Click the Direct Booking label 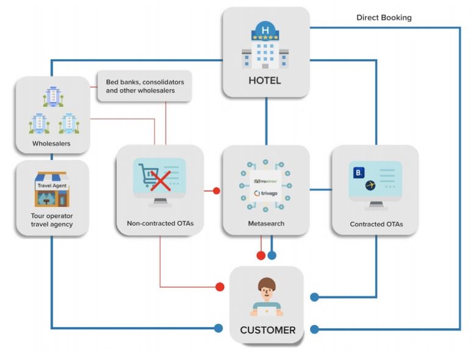(384, 18)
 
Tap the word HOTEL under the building (265, 81)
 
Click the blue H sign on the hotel (265, 30)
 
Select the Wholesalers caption (51, 145)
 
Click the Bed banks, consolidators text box (145, 86)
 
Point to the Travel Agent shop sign (52, 185)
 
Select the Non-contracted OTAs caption (160, 223)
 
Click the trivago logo (265, 193)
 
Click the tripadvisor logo (265, 181)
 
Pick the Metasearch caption (265, 223)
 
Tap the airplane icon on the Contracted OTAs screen (370, 185)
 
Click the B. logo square (358, 173)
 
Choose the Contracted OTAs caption (376, 224)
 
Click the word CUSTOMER (267, 330)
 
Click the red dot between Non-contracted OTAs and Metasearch (216, 191)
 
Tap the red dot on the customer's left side (219, 286)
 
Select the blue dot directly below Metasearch (272, 255)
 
